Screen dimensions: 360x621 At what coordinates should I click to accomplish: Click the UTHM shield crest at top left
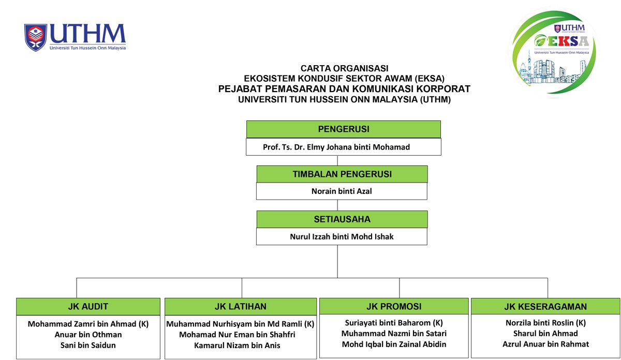pyautogui.click(x=35, y=37)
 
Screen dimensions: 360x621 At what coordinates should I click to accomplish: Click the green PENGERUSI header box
pyautogui.click(x=343, y=129)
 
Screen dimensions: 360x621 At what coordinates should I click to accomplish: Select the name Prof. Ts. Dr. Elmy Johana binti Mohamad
pyautogui.click(x=336, y=147)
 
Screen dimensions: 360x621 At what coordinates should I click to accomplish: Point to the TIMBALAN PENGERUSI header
pyautogui.click(x=342, y=174)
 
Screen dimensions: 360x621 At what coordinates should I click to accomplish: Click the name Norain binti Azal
pyautogui.click(x=342, y=191)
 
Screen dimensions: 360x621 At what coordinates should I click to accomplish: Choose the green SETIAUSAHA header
pyautogui.click(x=342, y=219)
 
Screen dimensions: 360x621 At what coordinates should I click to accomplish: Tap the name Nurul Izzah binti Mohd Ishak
pyautogui.click(x=342, y=237)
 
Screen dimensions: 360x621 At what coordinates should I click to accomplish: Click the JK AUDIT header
pyautogui.click(x=88, y=307)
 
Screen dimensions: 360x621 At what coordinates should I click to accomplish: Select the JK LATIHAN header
pyautogui.click(x=241, y=307)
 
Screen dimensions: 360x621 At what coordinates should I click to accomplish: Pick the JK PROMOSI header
pyautogui.click(x=394, y=306)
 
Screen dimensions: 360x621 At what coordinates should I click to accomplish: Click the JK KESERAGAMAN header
pyautogui.click(x=545, y=307)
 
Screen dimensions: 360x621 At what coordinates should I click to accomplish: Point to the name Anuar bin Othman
pyautogui.click(x=88, y=335)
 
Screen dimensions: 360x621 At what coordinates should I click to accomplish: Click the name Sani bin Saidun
pyautogui.click(x=88, y=345)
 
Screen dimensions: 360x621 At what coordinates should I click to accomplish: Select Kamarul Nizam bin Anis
pyautogui.click(x=237, y=345)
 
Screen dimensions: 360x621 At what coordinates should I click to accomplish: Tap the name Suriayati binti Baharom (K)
pyautogui.click(x=394, y=323)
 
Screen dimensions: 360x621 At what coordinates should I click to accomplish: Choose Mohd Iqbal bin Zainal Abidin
pyautogui.click(x=394, y=344)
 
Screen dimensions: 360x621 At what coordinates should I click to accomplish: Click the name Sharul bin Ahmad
pyautogui.click(x=545, y=334)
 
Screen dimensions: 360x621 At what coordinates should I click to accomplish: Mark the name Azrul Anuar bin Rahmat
pyautogui.click(x=545, y=344)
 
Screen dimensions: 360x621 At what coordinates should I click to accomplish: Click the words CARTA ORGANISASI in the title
pyautogui.click(x=344, y=68)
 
